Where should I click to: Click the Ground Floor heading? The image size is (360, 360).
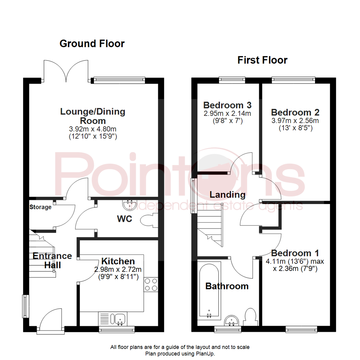(x=92, y=44)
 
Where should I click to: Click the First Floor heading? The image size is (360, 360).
(x=262, y=60)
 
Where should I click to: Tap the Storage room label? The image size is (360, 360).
(x=40, y=207)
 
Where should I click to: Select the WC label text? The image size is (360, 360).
(x=125, y=219)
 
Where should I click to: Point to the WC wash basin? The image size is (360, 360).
(x=130, y=205)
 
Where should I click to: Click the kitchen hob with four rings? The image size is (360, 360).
(x=151, y=284)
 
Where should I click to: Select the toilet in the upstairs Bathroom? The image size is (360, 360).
(x=251, y=317)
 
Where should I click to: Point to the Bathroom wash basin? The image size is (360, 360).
(x=231, y=321)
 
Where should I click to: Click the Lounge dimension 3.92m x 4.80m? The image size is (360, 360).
(x=93, y=129)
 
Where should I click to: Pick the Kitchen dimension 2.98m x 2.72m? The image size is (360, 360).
(x=118, y=269)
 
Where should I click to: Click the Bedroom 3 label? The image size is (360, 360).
(x=227, y=105)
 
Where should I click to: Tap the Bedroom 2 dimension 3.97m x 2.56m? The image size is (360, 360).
(x=295, y=121)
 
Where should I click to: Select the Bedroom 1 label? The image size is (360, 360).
(x=295, y=253)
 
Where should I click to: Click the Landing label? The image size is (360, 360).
(x=228, y=195)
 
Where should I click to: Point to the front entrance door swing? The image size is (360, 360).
(x=51, y=319)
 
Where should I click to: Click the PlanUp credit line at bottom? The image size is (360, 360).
(x=180, y=354)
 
